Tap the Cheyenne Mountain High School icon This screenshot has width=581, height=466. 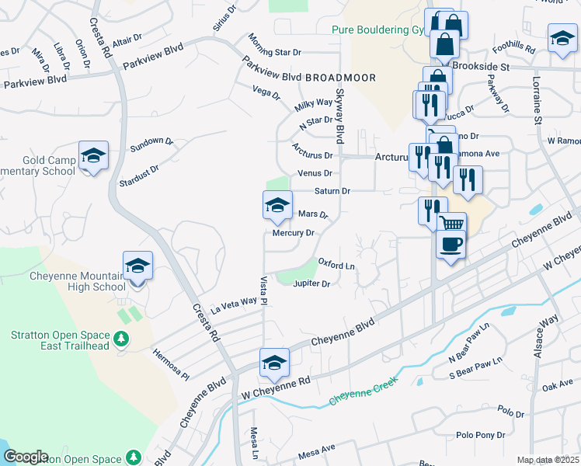[x=137, y=266]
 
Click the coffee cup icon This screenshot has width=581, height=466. [x=450, y=244]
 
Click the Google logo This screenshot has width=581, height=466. [x=26, y=457]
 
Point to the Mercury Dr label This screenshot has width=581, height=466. [x=293, y=233]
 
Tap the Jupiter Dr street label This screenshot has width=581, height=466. [x=312, y=283]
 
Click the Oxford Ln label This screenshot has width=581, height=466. [x=336, y=266]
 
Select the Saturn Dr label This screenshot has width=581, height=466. [x=332, y=190]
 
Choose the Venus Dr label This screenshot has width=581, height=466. [x=315, y=173]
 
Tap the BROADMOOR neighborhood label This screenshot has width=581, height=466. [x=340, y=78]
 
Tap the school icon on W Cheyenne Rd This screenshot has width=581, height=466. [x=273, y=363]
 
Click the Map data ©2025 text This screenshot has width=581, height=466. [x=548, y=460]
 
